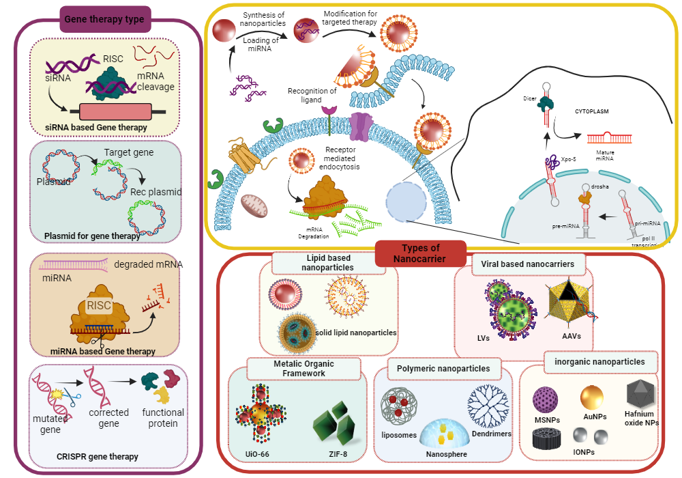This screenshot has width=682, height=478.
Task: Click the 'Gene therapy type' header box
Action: point(104,19)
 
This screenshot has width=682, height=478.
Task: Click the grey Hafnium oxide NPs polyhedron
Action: point(640,394)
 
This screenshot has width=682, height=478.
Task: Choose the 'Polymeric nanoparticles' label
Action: point(443,369)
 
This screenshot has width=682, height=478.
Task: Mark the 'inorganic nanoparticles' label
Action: point(601,361)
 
